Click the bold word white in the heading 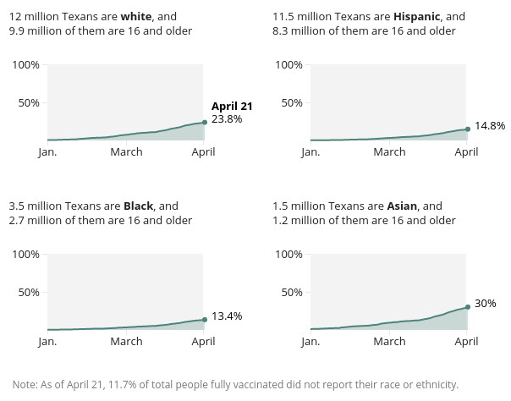(x=136, y=16)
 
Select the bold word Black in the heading (x=138, y=206)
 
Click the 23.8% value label (x=227, y=119)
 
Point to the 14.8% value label (x=490, y=125)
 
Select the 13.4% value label (x=227, y=316)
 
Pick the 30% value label (x=485, y=303)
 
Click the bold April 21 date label (x=232, y=106)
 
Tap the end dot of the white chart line (x=204, y=123)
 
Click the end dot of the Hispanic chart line (x=468, y=129)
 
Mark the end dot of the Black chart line (x=204, y=319)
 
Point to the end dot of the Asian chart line (x=468, y=307)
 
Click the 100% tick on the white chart (x=25, y=65)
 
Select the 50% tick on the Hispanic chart (x=292, y=102)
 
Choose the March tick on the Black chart (x=126, y=342)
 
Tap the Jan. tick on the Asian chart (x=310, y=342)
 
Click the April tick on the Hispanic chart (x=466, y=152)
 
